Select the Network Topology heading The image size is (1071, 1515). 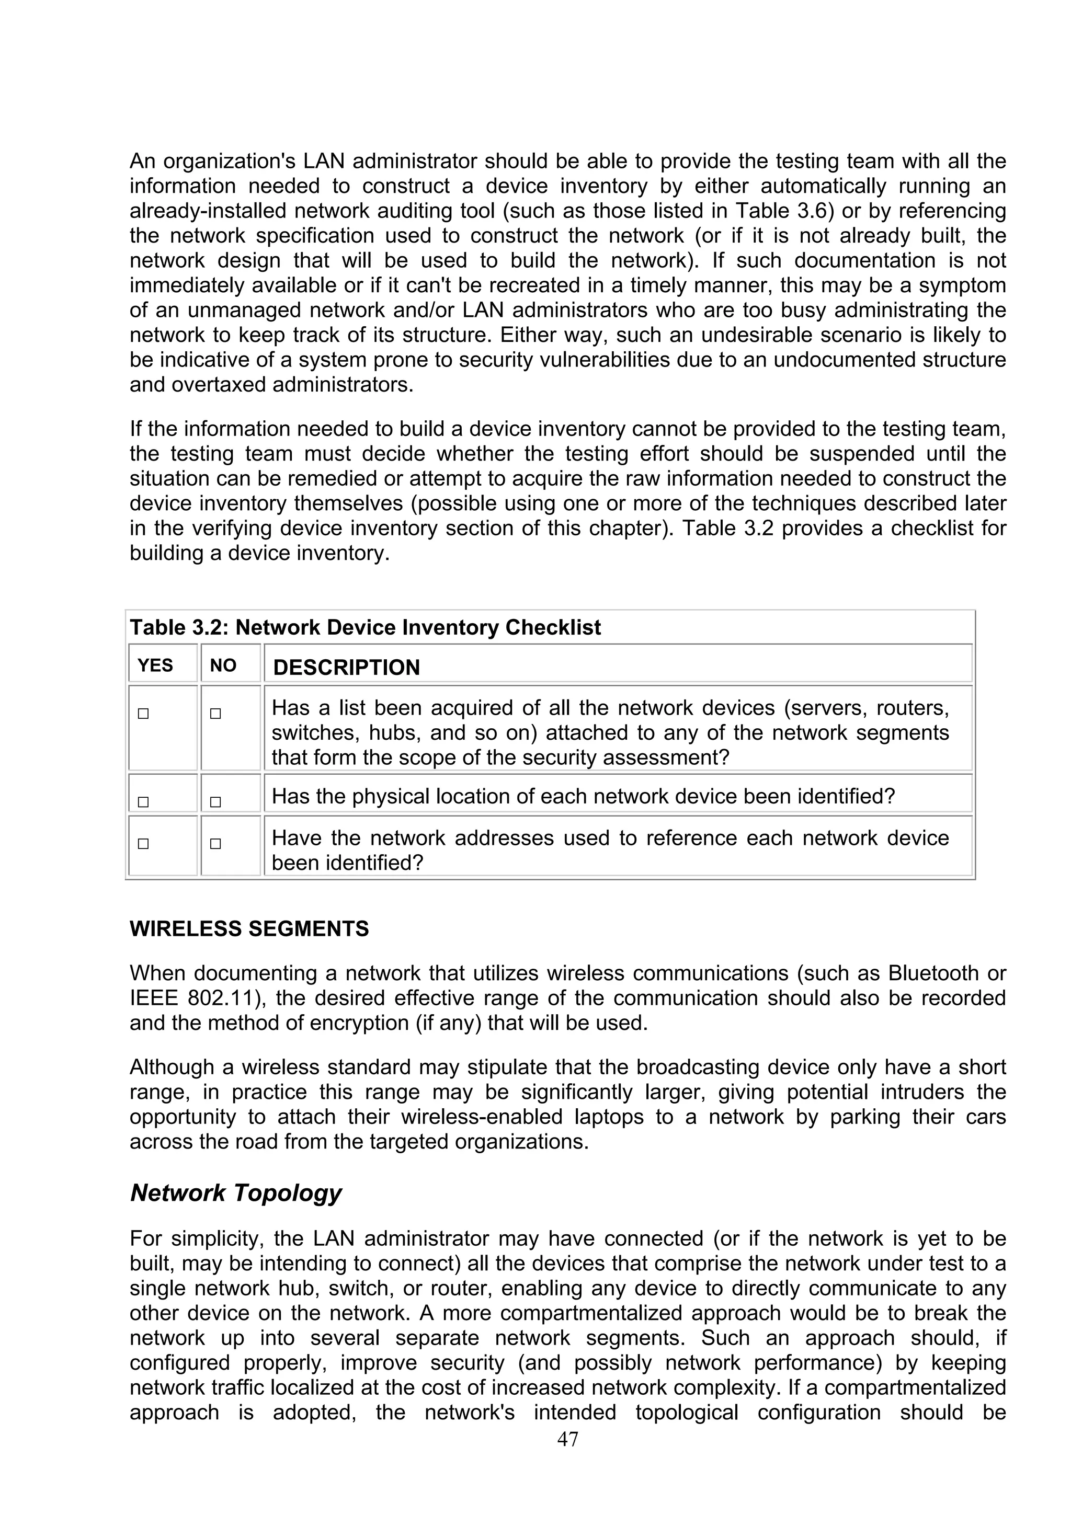click(x=235, y=1192)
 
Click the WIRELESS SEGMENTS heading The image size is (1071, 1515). click(x=249, y=928)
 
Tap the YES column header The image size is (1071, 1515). click(x=155, y=665)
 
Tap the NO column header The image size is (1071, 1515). click(x=223, y=665)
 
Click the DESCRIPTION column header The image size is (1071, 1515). click(x=346, y=667)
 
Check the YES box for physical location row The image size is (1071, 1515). click(x=143, y=802)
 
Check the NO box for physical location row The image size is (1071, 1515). click(x=215, y=802)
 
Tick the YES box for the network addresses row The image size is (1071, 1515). click(x=143, y=844)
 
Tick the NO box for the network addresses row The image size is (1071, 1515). click(x=215, y=844)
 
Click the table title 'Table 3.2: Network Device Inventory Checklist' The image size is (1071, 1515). click(x=365, y=627)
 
